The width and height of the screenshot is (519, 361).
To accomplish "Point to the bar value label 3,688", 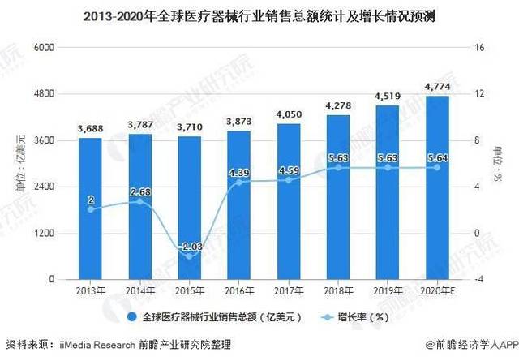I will tap(91, 129).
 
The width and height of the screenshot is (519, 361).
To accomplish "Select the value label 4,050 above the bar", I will tap(289, 115).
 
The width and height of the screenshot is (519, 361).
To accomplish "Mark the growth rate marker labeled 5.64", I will tap(437, 167).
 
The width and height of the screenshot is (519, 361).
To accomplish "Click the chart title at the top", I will tap(259, 15).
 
